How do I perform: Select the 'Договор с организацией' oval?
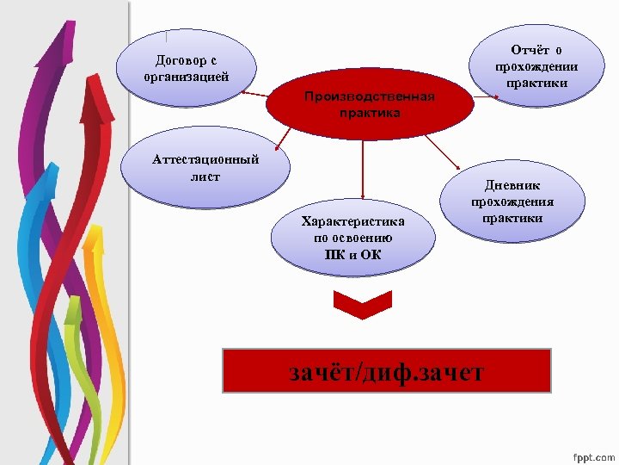point(187,68)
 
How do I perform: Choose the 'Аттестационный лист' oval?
point(205,169)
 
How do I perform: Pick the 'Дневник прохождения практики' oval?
point(512,201)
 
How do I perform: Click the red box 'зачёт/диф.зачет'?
point(386,371)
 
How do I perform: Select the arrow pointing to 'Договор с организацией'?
point(249,89)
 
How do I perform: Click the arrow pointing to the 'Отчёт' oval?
point(489,95)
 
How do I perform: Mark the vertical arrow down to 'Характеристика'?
point(362,168)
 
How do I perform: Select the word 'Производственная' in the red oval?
point(370,97)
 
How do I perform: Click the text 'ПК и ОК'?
point(353,254)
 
